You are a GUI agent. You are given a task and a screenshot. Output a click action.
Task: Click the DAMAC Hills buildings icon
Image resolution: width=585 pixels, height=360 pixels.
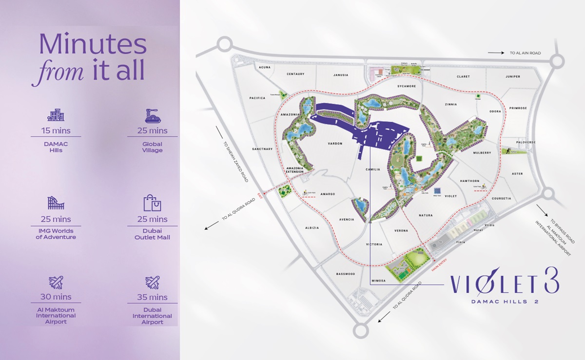pyautogui.click(x=56, y=115)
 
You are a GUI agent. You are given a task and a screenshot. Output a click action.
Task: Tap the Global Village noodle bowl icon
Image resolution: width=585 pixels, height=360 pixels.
pyautogui.click(x=152, y=115)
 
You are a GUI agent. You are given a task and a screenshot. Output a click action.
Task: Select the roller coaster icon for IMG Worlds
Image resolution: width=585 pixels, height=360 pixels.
pyautogui.click(x=56, y=203)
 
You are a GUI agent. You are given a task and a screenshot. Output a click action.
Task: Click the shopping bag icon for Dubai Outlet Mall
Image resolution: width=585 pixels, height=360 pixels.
pyautogui.click(x=152, y=203)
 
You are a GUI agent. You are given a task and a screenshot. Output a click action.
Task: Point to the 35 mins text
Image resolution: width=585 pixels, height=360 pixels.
pyautogui.click(x=152, y=297)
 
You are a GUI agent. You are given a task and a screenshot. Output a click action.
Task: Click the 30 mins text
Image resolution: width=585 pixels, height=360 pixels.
pyautogui.click(x=56, y=297)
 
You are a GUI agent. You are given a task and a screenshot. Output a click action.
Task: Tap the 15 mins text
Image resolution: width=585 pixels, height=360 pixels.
pyautogui.click(x=56, y=131)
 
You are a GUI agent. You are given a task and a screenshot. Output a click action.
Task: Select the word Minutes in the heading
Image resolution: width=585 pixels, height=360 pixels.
pyautogui.click(x=93, y=45)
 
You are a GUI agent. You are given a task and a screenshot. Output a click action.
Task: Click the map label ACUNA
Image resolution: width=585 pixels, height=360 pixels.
pyautogui.click(x=265, y=67)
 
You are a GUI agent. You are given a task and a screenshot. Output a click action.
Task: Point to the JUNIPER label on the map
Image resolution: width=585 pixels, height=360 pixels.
pyautogui.click(x=513, y=76)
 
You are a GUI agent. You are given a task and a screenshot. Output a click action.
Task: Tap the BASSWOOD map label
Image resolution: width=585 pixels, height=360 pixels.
pyautogui.click(x=346, y=274)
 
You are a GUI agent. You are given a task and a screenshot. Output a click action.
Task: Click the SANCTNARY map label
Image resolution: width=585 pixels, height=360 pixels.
pyautogui.click(x=262, y=149)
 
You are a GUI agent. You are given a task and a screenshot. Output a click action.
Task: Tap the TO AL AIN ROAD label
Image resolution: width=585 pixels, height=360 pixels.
pyautogui.click(x=525, y=53)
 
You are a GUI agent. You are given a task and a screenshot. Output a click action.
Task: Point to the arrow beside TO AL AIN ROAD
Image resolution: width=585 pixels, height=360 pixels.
pyautogui.click(x=496, y=53)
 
